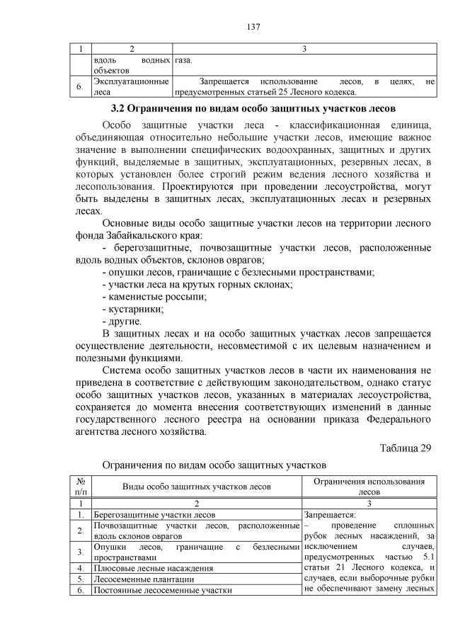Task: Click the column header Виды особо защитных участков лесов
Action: tap(196, 487)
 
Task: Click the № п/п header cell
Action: tap(81, 487)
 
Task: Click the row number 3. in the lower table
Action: tap(81, 552)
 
